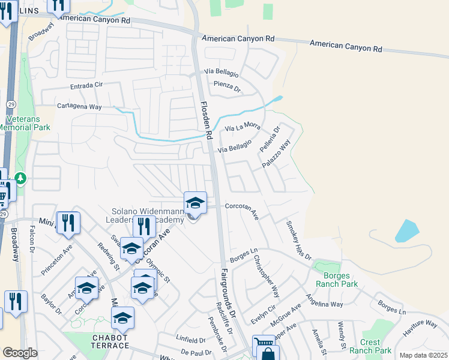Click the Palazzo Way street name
276,154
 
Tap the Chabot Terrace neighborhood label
110,341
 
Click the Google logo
20,353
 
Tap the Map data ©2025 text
423,355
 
